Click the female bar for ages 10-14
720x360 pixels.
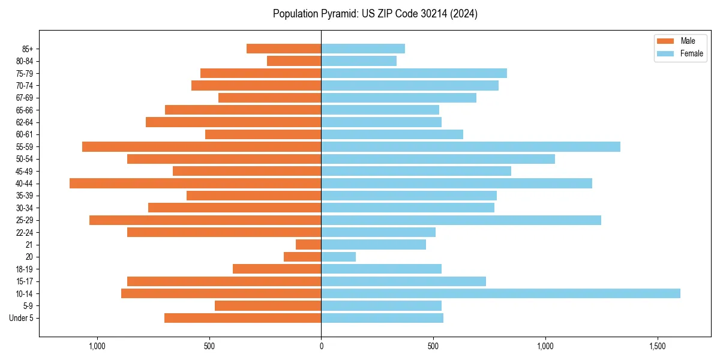pyautogui.click(x=500, y=293)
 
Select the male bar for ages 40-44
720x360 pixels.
pyautogui.click(x=195, y=183)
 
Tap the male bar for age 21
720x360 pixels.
pyautogui.click(x=308, y=244)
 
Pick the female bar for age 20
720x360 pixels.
pyautogui.click(x=338, y=257)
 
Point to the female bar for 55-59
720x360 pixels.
pyautogui.click(x=470, y=146)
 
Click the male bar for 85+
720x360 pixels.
pyautogui.click(x=284, y=49)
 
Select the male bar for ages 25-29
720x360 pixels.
pyautogui.click(x=205, y=220)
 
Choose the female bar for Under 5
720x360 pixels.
pyautogui.click(x=382, y=318)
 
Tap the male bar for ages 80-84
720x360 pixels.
pyautogui.click(x=294, y=61)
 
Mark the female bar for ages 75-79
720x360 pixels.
pyautogui.click(x=414, y=73)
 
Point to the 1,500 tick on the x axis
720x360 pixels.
pyautogui.click(x=658, y=346)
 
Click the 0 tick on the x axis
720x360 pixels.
pyautogui.click(x=321, y=346)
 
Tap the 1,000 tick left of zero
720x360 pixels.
pyautogui.click(x=97, y=346)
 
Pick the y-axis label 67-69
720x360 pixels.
pyautogui.click(x=25, y=98)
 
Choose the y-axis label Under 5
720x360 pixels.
pyautogui.click(x=22, y=318)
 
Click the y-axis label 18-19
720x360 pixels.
pyautogui.click(x=25, y=269)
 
